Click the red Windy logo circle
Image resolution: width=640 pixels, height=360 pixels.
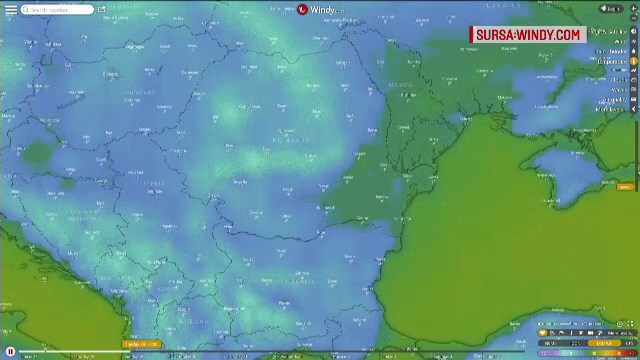pyautogui.click(x=302, y=9)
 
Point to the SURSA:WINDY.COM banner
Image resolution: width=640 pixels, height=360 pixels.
pyautogui.click(x=527, y=35)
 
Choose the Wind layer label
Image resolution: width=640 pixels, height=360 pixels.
pyautogui.click(x=618, y=41)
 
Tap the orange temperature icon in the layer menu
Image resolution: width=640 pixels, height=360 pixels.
pyautogui.click(x=634, y=61)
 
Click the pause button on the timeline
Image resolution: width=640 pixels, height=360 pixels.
pyautogui.click(x=10, y=352)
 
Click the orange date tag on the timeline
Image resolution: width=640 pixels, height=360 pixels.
pyautogui.click(x=140, y=344)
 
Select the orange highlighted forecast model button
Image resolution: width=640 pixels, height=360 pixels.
pyautogui.click(x=604, y=342)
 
